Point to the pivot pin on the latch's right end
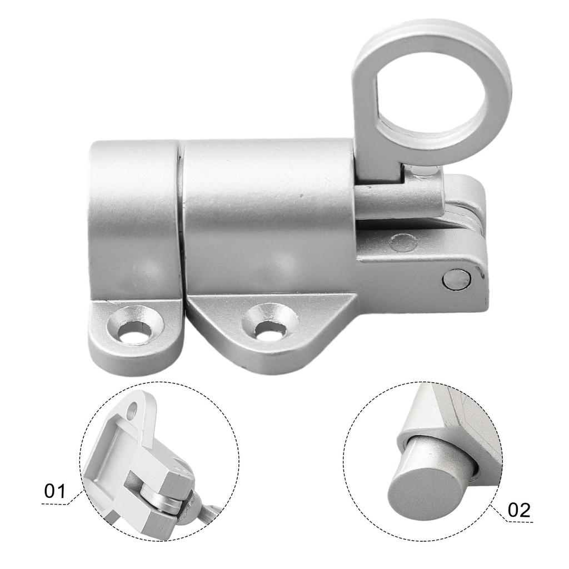(x=455, y=279)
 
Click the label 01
(x=55, y=491)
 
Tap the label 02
(x=519, y=510)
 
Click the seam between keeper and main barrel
(x=181, y=217)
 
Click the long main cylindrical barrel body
(x=267, y=217)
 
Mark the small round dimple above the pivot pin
(x=402, y=242)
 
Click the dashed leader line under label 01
(x=61, y=503)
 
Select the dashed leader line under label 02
(x=514, y=521)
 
